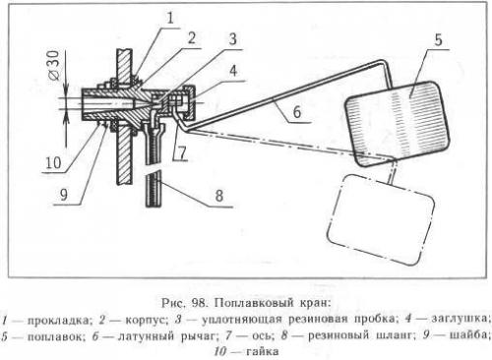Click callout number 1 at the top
click(168, 16)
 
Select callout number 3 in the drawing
click(231, 39)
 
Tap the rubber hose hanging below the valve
click(152, 182)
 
